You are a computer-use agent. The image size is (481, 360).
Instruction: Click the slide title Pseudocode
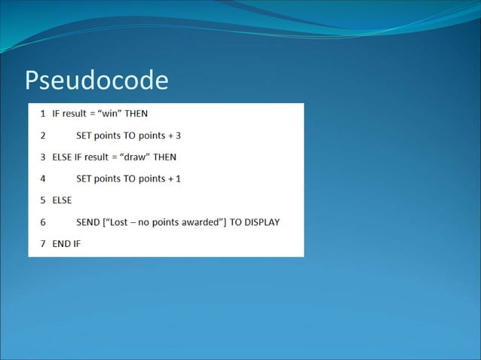[x=96, y=81]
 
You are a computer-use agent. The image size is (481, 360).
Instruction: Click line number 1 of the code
[x=42, y=114]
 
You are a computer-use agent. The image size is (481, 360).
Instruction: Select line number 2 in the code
[x=42, y=136]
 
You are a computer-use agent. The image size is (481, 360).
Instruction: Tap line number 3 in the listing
[x=42, y=157]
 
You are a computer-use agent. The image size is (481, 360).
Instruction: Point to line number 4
[x=42, y=179]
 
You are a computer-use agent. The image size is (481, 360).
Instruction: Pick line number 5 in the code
[x=42, y=200]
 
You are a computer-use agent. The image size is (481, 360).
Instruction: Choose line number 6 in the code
[x=42, y=222]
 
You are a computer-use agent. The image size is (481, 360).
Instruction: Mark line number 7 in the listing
[x=42, y=243]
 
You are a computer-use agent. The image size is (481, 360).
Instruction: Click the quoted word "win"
[x=107, y=114]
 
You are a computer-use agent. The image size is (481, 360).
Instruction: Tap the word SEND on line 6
[x=88, y=222]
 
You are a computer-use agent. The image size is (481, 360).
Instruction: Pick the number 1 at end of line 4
[x=178, y=179]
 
